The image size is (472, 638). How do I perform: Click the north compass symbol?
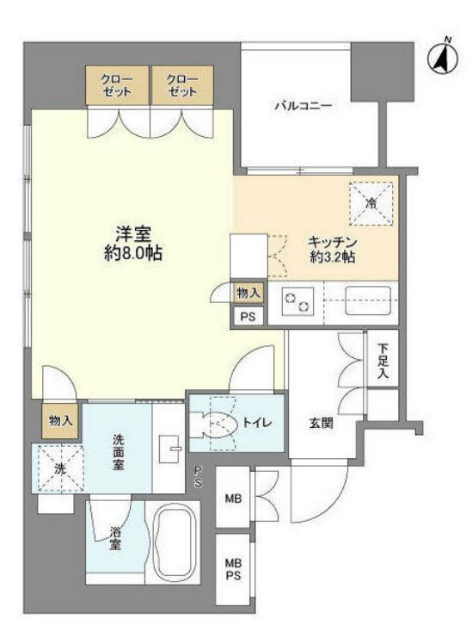443,57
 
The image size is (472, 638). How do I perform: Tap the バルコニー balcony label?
303,106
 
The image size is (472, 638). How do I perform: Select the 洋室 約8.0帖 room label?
133,244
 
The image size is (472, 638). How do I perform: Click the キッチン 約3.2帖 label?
332,250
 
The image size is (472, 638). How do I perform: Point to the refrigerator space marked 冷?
371,203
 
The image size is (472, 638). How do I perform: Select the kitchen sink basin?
368,300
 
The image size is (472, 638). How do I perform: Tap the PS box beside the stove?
248,316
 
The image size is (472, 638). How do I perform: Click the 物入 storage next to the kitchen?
248,293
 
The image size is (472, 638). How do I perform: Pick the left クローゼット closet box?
118,85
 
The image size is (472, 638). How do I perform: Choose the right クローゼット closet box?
182,85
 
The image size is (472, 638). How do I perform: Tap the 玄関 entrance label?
322,423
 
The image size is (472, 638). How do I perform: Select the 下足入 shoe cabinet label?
383,361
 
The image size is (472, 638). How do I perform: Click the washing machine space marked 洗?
58,468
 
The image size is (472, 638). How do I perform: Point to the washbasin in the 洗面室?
169,449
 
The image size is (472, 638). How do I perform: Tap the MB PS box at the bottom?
233,569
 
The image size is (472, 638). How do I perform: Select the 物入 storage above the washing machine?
60,421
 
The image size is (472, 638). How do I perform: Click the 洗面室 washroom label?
118,452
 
